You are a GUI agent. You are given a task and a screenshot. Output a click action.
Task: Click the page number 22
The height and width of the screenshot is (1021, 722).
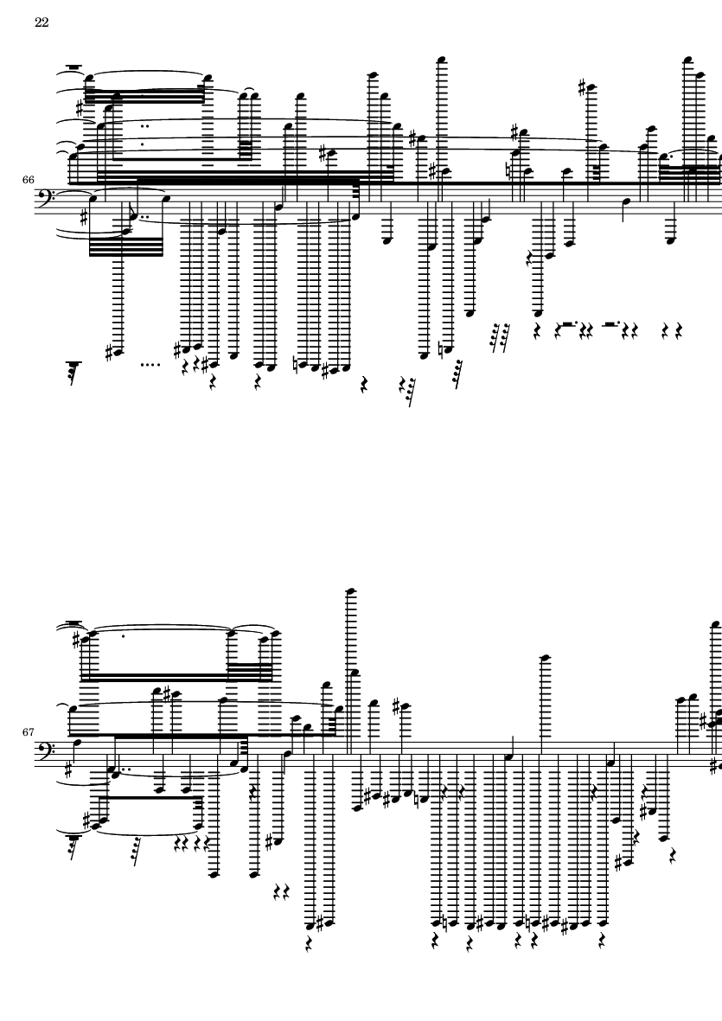click(x=42, y=22)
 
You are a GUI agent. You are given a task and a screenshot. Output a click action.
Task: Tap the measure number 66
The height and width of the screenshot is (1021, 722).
click(x=28, y=179)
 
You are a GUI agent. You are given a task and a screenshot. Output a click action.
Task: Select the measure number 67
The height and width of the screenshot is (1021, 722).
click(x=28, y=732)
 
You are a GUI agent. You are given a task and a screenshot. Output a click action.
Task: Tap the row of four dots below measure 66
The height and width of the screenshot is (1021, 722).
click(x=150, y=365)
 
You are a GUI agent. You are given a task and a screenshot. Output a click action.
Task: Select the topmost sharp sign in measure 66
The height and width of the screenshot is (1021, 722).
click(x=584, y=87)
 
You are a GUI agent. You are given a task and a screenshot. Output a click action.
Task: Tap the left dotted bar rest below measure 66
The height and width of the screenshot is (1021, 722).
click(x=568, y=323)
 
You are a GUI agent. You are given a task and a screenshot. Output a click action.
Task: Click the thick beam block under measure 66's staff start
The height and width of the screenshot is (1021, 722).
click(x=125, y=247)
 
